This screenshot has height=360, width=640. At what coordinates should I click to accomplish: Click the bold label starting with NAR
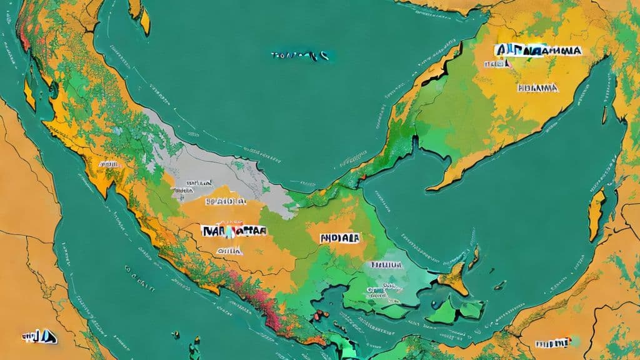pos(234,230)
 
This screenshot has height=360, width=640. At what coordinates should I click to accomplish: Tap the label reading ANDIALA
pos(339,238)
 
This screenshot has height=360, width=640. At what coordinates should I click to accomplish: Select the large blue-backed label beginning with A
pos(537,51)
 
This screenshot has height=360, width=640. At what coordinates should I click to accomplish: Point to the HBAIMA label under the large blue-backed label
pos(537,88)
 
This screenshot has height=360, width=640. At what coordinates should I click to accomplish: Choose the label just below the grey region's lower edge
pos(225,202)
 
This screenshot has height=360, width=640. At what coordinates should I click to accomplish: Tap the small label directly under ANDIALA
pos(387,265)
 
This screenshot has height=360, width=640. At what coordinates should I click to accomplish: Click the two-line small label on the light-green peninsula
pos(381,289)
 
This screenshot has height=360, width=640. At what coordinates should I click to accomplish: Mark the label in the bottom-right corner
pos(554,343)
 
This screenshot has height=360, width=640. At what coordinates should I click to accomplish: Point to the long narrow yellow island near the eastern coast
pos(597,216)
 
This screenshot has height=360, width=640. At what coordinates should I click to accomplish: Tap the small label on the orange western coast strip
pos(108,164)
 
